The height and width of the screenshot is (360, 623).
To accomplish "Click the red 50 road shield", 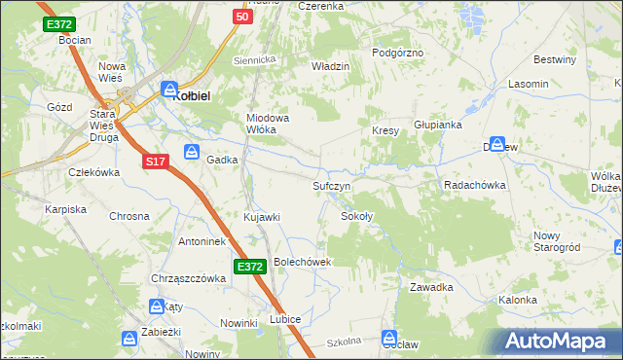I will [243, 17].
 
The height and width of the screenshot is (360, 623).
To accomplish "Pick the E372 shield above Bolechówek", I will [247, 265].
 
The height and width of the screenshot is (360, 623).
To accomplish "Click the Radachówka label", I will [475, 185].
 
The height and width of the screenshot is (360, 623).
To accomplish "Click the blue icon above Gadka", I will [192, 152].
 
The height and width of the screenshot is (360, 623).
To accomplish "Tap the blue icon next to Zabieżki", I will [128, 338].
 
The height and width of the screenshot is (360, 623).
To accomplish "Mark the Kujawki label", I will [262, 216].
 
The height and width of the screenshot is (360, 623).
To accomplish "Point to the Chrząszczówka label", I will [188, 278].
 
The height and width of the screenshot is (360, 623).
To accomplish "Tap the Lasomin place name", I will [528, 85].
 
